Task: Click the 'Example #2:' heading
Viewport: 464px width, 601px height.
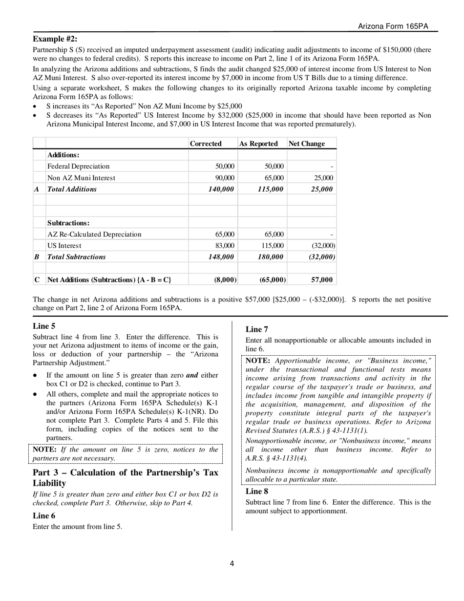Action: pyautogui.click(x=55, y=39)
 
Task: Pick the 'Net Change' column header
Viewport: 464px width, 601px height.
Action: pyautogui.click(x=306, y=144)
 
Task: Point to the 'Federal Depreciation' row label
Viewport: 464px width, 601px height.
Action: pyautogui.click(x=78, y=166)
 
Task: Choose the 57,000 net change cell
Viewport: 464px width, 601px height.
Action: pyautogui.click(x=322, y=280)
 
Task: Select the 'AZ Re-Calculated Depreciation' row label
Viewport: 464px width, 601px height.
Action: pyautogui.click(x=94, y=234)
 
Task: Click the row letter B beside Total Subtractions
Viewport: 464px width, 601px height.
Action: pyautogui.click(x=37, y=257)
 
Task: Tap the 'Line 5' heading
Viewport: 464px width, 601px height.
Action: pyautogui.click(x=44, y=326)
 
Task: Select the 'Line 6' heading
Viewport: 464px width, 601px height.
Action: pyautogui.click(x=44, y=515)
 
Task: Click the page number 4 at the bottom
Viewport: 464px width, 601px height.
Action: pyautogui.click(x=232, y=563)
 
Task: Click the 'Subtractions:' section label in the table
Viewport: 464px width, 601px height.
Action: pyautogui.click(x=68, y=223)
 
